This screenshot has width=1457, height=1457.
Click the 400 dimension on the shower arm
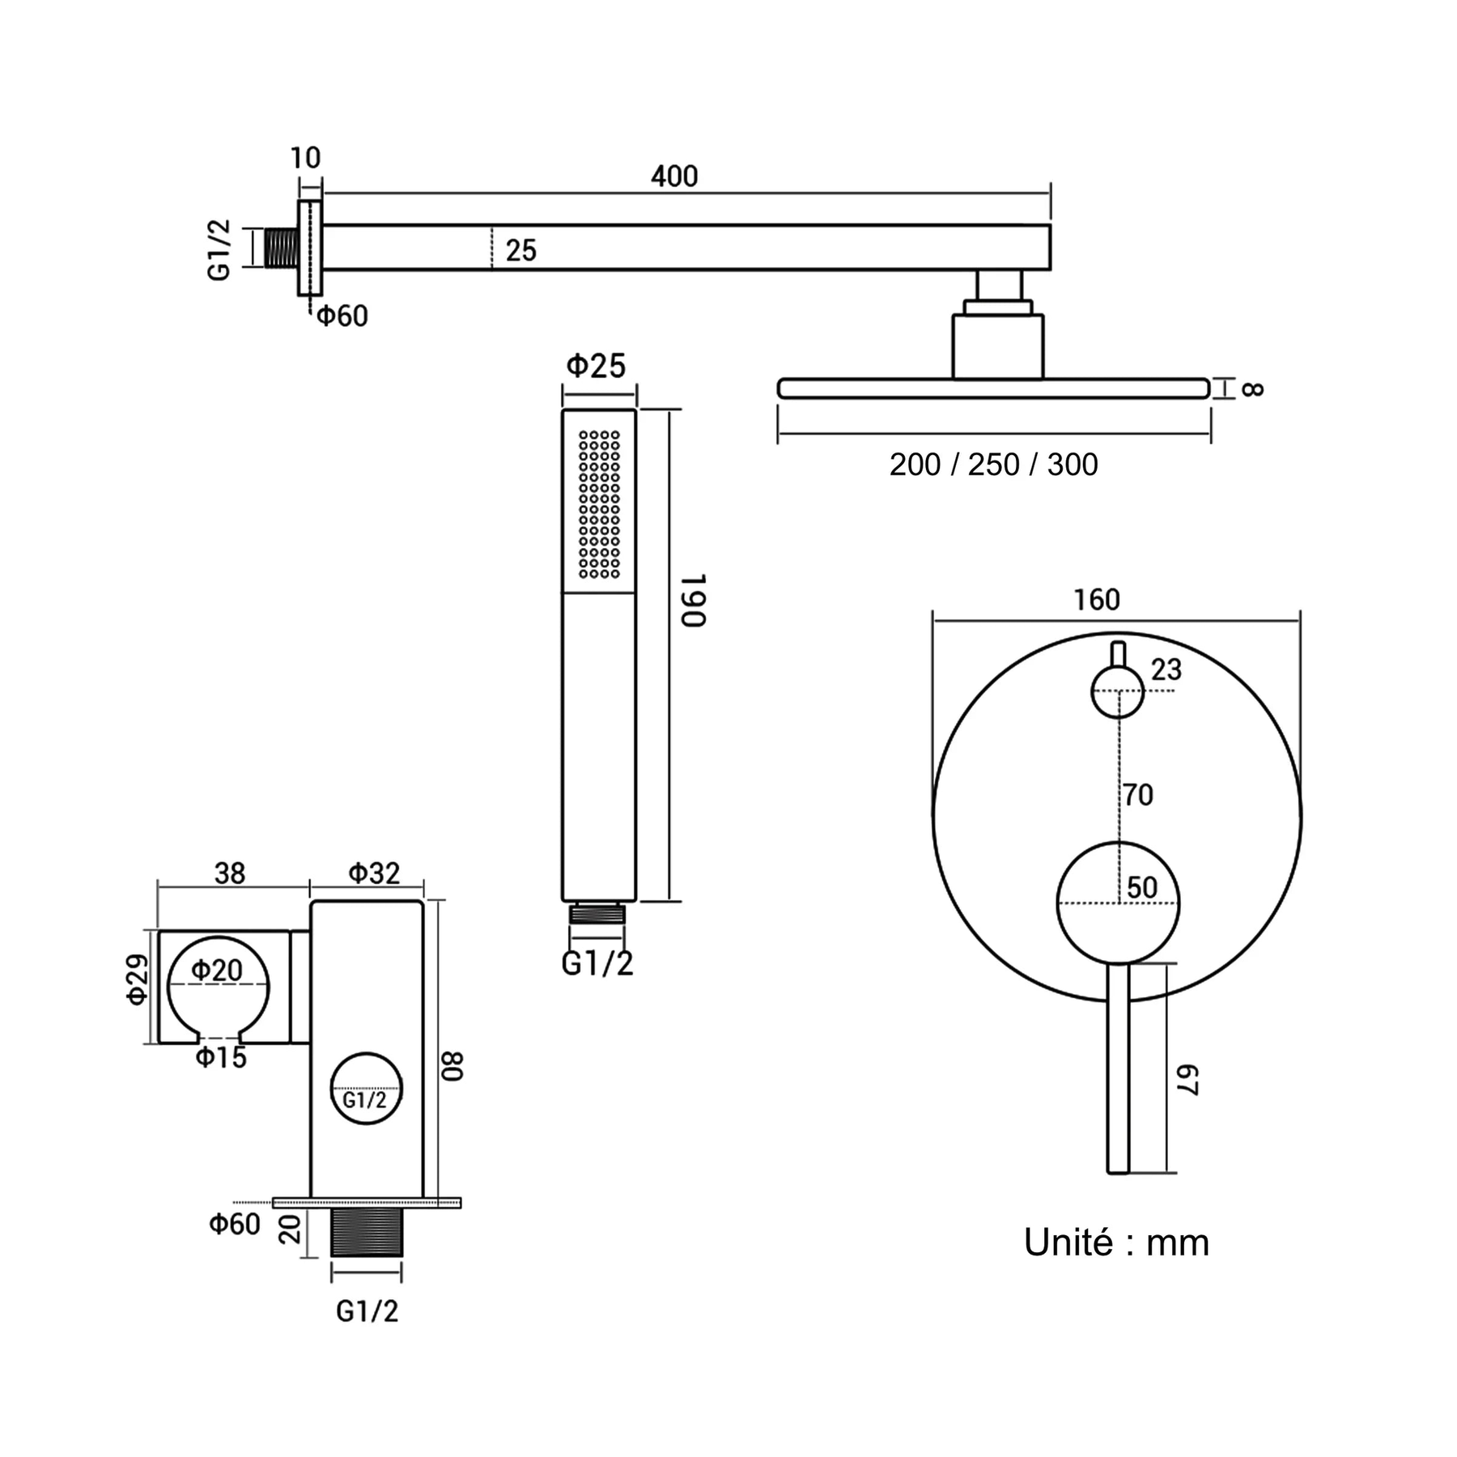click(x=674, y=176)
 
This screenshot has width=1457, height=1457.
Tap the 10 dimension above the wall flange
click(x=305, y=157)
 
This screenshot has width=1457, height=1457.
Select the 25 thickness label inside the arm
click(x=520, y=250)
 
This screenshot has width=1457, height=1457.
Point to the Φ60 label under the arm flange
click(x=342, y=316)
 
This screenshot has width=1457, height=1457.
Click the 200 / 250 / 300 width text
click(x=993, y=465)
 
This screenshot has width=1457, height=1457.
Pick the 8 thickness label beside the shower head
click(x=1251, y=389)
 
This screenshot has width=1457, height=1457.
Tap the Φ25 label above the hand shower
click(x=597, y=366)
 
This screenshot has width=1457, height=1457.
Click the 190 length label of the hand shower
click(x=693, y=600)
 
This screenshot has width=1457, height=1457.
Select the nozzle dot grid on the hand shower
click(x=600, y=504)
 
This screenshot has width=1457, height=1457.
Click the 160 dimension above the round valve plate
click(x=1097, y=600)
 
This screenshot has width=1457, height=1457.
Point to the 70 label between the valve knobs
click(x=1138, y=795)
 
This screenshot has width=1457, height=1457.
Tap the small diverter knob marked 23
click(x=1117, y=692)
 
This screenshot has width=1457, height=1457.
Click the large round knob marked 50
click(x=1118, y=903)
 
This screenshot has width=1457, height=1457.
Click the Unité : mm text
click(x=1116, y=1242)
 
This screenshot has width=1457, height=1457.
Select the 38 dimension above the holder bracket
click(x=230, y=873)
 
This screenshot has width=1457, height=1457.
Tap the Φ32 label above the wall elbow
click(x=375, y=873)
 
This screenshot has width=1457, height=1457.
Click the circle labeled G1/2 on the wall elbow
click(x=366, y=1089)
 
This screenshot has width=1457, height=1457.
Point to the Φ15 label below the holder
click(x=221, y=1057)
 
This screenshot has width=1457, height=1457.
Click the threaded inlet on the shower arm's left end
click(x=281, y=248)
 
